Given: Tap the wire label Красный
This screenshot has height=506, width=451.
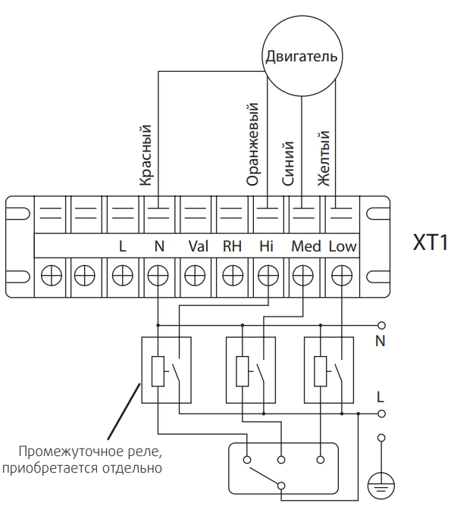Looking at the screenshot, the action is coord(146,155).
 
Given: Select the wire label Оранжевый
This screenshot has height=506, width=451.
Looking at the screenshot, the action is coord(252,144).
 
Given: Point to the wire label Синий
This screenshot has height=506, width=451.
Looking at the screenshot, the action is coord(288,164).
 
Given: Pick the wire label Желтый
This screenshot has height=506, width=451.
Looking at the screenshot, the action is coord(324,158).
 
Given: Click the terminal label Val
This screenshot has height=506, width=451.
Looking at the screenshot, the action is coord(199,246).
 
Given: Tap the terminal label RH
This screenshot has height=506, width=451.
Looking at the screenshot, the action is coord(232,246).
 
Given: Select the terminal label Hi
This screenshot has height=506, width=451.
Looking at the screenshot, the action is coord(266,246).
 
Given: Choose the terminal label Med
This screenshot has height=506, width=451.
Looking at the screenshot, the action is coord(306,246).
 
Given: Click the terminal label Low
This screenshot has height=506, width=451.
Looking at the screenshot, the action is coord(343,246).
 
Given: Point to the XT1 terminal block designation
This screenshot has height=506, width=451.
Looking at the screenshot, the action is coord(431,242).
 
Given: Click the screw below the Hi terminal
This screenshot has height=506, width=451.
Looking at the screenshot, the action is coord(268,276).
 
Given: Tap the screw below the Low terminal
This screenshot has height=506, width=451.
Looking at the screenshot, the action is coord(342,276).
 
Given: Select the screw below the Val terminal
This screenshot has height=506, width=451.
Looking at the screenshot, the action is coord(195,276).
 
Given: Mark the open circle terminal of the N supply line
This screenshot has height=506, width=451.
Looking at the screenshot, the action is coord(381,325).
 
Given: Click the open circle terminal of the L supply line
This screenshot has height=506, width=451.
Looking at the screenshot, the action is coord(381,414).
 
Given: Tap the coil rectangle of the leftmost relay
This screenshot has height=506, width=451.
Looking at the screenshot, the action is coord(158,371).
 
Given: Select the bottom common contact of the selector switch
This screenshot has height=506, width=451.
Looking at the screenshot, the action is coord(281,486).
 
